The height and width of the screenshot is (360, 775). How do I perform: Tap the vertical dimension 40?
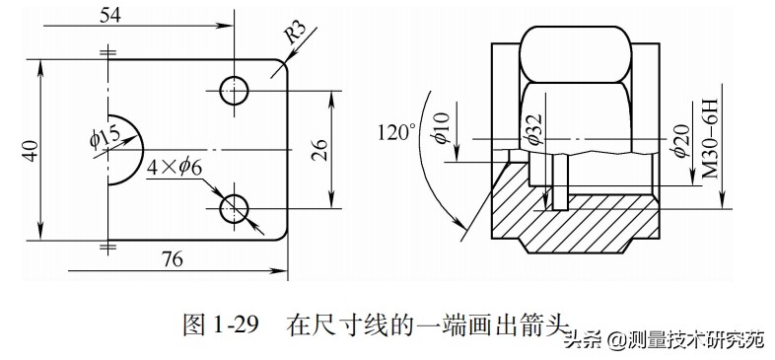click(31, 151)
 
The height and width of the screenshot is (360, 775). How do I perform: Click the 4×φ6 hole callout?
click(175, 168)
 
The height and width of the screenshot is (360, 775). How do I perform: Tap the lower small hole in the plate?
click(235, 207)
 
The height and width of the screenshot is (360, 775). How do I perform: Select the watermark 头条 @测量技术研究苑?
click(664, 340)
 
